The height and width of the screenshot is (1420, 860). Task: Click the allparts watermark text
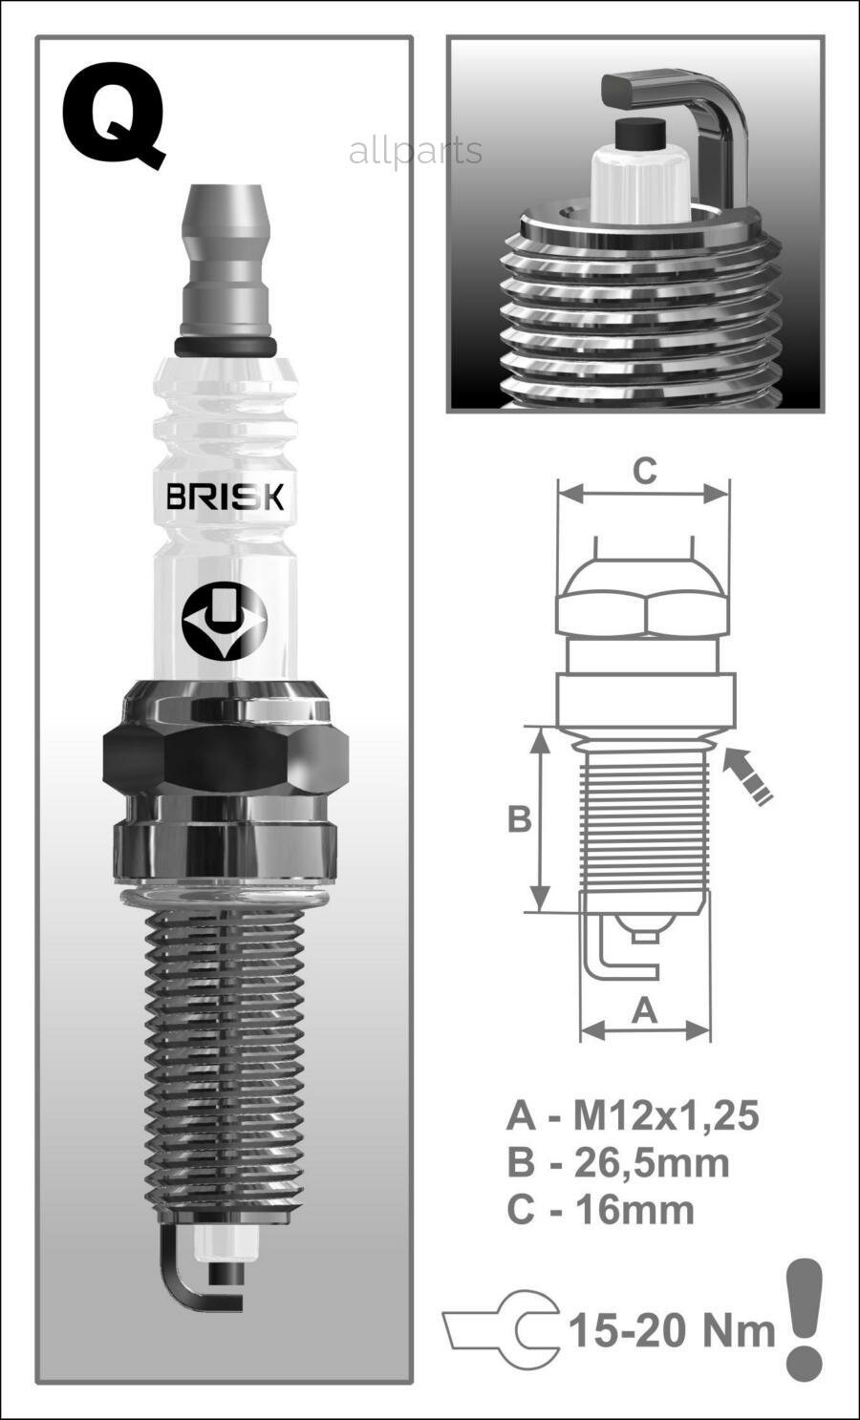pos(415,151)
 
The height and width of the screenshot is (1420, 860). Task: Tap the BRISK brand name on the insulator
pos(225,497)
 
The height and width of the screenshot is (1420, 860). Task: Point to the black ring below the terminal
pos(226,345)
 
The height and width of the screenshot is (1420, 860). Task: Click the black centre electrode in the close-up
pos(641,135)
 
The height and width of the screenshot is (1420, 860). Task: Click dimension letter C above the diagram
pos(645,471)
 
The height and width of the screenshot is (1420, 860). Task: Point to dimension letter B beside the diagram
pos(519,819)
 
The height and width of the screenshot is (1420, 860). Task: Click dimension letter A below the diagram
pos(646,1010)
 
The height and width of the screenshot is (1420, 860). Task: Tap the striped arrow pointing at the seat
pos(748,776)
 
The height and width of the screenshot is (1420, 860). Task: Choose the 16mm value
pos(634,1209)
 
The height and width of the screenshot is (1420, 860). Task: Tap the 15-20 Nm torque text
pos(672,1329)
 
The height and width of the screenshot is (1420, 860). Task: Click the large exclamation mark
pos(804,1318)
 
